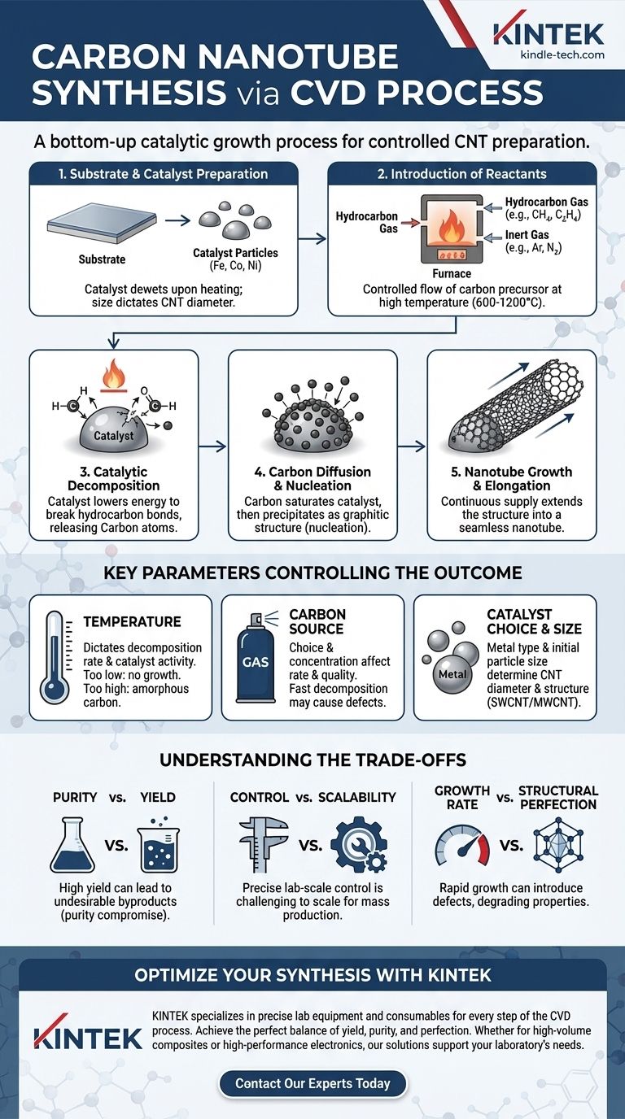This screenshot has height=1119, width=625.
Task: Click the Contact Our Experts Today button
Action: click(312, 1083)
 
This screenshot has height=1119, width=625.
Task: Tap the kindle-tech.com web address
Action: click(562, 55)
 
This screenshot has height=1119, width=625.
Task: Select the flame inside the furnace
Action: click(451, 225)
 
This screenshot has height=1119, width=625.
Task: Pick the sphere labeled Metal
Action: click(452, 674)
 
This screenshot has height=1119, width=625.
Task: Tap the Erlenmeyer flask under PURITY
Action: click(72, 845)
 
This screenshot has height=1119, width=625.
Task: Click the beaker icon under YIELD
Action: click(158, 845)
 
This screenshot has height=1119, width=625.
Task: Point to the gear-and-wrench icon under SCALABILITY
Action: click(359, 845)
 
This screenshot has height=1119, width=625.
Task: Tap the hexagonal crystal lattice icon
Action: click(558, 844)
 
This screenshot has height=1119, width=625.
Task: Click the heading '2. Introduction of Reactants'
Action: click(462, 174)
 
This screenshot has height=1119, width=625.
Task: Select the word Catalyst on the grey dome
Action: click(113, 435)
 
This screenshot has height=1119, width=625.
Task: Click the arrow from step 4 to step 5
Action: click(412, 446)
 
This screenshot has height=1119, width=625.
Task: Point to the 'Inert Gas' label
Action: click(527, 235)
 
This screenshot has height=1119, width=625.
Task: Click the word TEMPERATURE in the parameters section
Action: click(132, 622)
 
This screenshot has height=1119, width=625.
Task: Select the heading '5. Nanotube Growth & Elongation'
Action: click(512, 478)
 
